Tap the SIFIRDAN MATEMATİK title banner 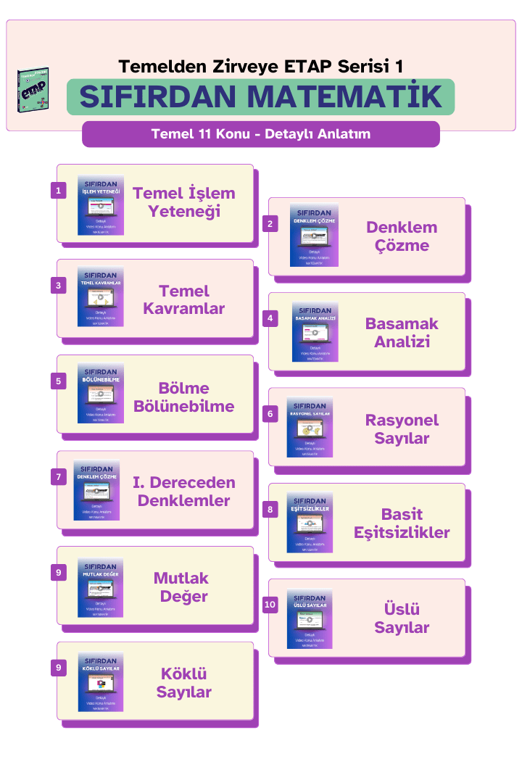[x=261, y=97]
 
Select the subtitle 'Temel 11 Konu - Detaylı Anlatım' [x=261, y=134]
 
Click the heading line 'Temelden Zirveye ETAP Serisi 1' [x=261, y=67]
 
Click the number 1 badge [x=59, y=191]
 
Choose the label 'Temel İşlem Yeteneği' [x=184, y=203]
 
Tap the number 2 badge [x=270, y=224]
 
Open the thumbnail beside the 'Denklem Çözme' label [x=314, y=235]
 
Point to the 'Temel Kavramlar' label [x=184, y=299]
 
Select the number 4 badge [x=270, y=319]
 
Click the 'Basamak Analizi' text [x=402, y=332]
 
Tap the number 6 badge [x=270, y=415]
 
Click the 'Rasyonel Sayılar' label [x=402, y=429]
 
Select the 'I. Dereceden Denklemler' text [x=184, y=492]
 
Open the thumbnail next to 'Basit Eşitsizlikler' [x=310, y=523]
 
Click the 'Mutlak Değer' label [x=181, y=587]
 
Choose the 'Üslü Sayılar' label [x=402, y=618]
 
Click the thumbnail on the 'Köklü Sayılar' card [x=101, y=682]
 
